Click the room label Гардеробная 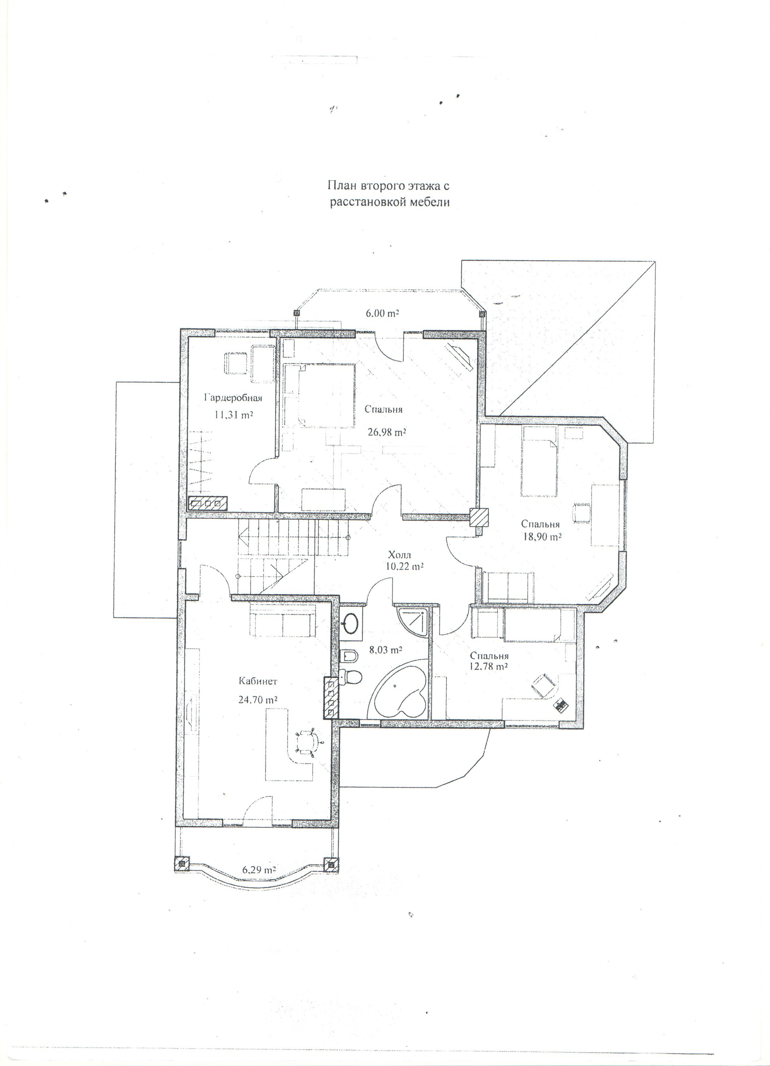(x=232, y=398)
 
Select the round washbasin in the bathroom (x=350, y=624)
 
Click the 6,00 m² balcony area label (x=382, y=313)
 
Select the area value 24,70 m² (x=257, y=700)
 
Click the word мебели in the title (x=430, y=202)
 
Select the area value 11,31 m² (x=233, y=415)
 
